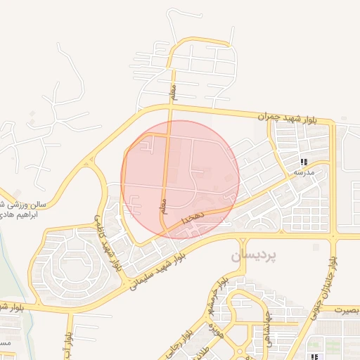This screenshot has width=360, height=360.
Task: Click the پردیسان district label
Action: click(253, 256)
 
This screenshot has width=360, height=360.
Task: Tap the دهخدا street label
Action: click(192, 220)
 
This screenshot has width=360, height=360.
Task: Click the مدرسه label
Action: click(303, 172)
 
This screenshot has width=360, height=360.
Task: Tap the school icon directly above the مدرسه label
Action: click(303, 162)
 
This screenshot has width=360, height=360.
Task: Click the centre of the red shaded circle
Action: click(181, 179)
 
